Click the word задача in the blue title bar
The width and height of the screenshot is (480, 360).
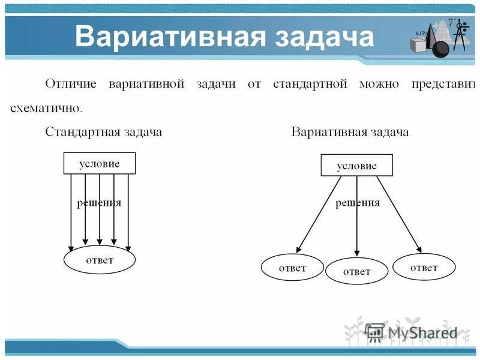coord(324,37)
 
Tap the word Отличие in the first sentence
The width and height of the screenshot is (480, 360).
coord(71,83)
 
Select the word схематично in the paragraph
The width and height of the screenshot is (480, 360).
coord(45,108)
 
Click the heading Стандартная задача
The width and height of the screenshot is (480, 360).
coord(104,132)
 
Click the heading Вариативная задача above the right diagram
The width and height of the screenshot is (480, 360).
coord(350,132)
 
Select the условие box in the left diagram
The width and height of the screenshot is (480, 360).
coord(100,163)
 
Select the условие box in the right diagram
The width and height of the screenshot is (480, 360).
coord(356,166)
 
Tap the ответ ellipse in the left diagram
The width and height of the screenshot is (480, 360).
coord(100,260)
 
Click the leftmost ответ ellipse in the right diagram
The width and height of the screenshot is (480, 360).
coord(292,268)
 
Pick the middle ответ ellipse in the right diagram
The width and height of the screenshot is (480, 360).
coord(356,271)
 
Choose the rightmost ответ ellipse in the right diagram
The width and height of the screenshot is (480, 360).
coord(424,268)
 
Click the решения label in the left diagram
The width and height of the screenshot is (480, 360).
coord(99,203)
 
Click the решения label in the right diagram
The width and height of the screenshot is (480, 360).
coord(358,203)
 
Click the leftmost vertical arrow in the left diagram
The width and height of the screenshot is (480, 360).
coord(71,210)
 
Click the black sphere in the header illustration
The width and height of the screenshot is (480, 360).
coord(440,49)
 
